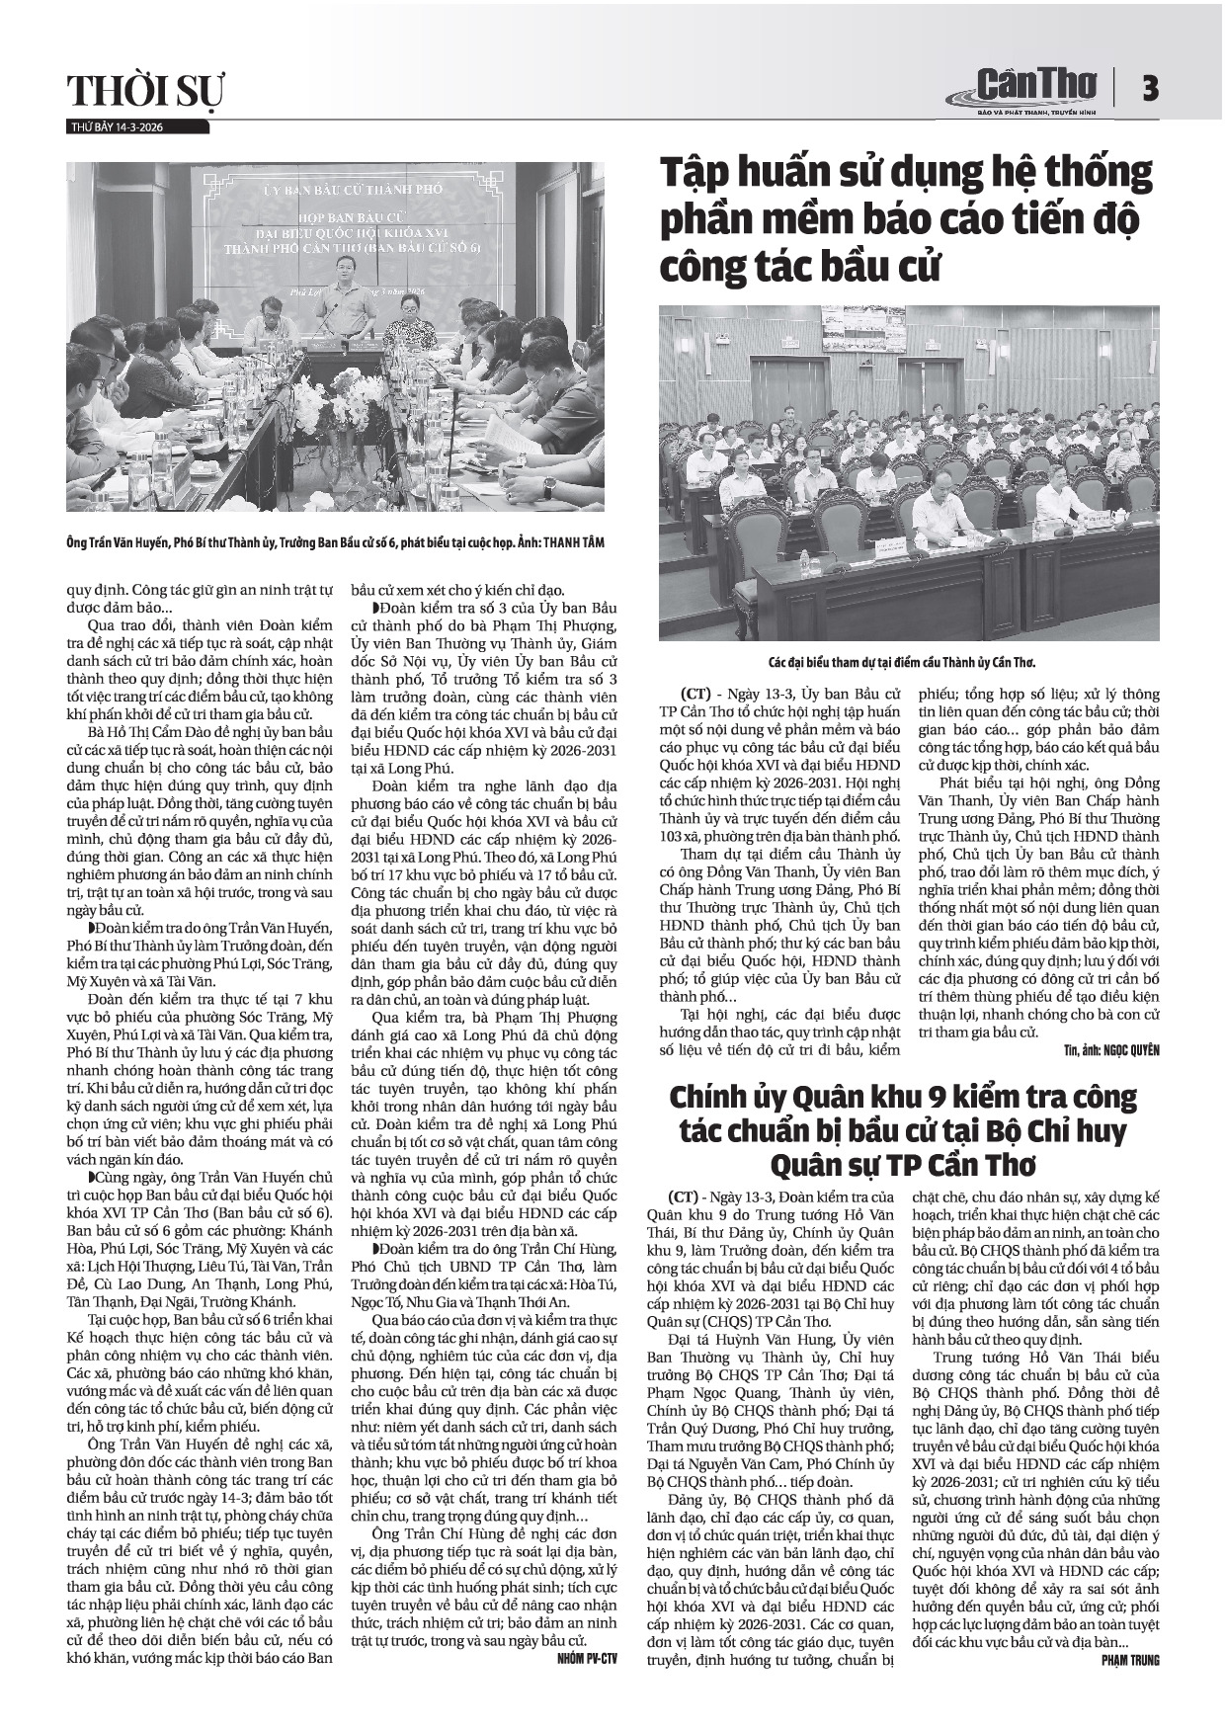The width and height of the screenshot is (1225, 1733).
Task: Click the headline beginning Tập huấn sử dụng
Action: coord(906,218)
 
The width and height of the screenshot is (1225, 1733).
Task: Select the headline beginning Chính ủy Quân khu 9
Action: coord(903,1128)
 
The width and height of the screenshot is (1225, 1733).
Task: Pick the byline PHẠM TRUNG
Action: coord(1130,1661)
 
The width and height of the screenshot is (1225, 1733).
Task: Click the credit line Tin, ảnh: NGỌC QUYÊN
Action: coord(1111,1049)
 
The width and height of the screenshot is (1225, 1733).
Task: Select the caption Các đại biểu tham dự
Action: coord(907,661)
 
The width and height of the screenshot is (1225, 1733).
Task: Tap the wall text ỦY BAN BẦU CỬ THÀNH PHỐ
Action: coord(339,188)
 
